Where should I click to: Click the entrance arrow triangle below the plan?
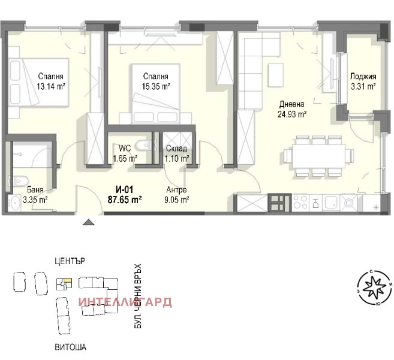click(x=89, y=222)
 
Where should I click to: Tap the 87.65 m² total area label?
click(x=125, y=200)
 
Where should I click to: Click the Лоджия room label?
click(x=363, y=76)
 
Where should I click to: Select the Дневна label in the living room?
click(x=291, y=104)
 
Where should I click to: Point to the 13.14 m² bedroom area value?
click(x=51, y=87)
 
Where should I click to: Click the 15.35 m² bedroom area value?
click(x=156, y=87)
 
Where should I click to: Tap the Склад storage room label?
click(x=176, y=149)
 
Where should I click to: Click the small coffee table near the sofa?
click(x=276, y=75)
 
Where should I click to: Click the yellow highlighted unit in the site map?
click(x=67, y=280)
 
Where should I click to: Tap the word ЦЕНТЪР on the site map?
click(x=70, y=261)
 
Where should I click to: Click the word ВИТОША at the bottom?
click(x=70, y=347)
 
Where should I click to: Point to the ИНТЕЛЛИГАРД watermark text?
click(x=125, y=302)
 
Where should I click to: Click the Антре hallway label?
click(x=176, y=190)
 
